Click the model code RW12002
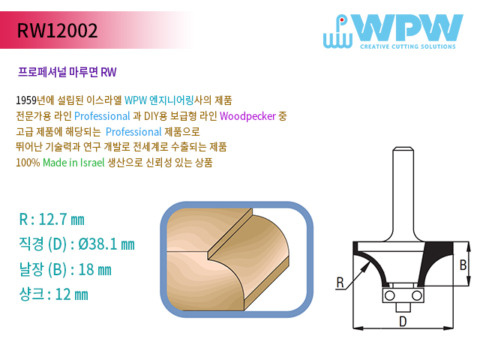[x=57, y=30]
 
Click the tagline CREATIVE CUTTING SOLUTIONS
[x=408, y=46]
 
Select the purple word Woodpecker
[x=247, y=116]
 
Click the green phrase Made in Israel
[x=73, y=163]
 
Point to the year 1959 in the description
[x=26, y=100]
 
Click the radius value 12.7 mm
[x=61, y=220]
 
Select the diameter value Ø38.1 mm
[x=106, y=244]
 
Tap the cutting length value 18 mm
[x=95, y=270]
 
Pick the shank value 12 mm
[x=72, y=295]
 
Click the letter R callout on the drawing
[x=340, y=282]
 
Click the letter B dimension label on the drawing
[x=463, y=265]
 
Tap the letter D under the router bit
[x=403, y=322]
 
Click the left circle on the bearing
[x=390, y=295]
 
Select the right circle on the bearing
[x=416, y=295]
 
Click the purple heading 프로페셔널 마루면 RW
[x=67, y=72]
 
